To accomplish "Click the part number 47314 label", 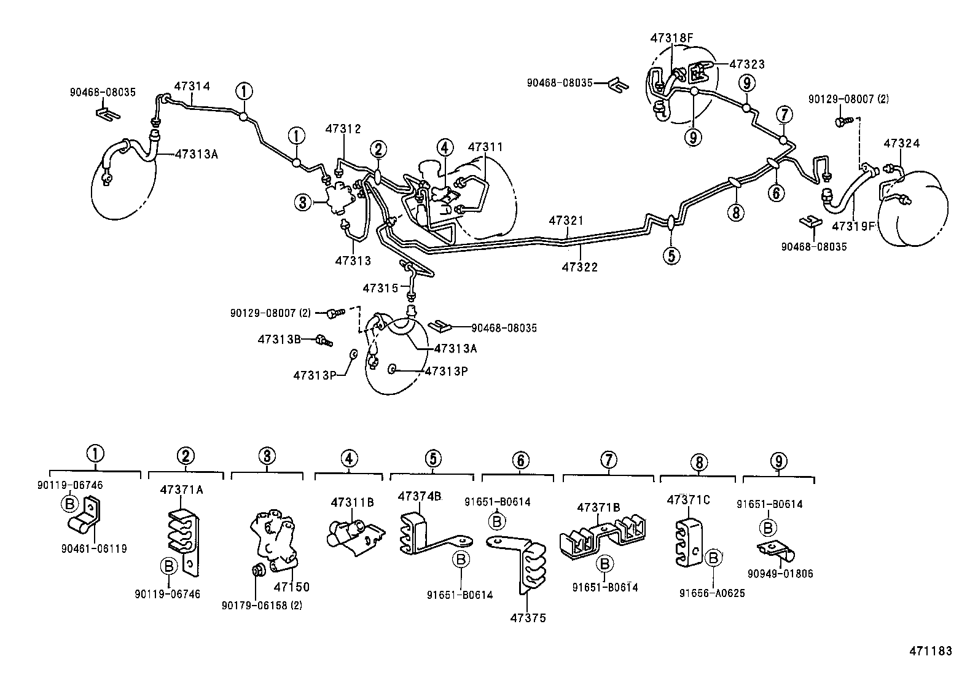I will pos(192,87).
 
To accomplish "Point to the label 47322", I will pos(580,267).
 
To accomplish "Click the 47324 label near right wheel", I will pos(902,144).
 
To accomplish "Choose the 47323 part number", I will pos(747,64).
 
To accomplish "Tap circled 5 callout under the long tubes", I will pos(671,256).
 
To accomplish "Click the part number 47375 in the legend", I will pos(528,617).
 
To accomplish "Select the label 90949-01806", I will pos(780,574).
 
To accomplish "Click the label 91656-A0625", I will pos(712,593).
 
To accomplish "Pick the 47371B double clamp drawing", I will pos(604,534).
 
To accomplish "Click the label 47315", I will pos(381,287).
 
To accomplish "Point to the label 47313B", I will pos(278,338).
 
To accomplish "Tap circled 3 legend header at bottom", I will pos(266,456).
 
